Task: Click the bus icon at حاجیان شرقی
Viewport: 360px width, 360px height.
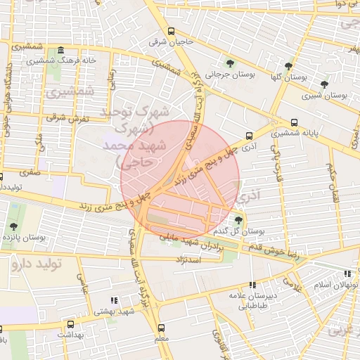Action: coord(171,30)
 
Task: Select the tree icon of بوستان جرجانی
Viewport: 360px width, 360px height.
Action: coord(230,63)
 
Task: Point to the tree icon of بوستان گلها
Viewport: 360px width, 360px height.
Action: coord(290,66)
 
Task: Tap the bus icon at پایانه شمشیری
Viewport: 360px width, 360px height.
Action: coord(294,122)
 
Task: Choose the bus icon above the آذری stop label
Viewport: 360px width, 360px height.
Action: coord(249,136)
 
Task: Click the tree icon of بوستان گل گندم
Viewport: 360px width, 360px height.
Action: coord(238,221)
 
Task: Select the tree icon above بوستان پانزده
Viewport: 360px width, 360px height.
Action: coord(13,226)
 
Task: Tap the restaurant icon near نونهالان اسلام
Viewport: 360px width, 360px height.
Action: coord(347,274)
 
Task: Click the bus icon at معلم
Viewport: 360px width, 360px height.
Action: coord(162,328)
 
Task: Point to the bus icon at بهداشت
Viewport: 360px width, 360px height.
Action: coord(70,324)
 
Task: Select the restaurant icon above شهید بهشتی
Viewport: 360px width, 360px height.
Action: coord(115,301)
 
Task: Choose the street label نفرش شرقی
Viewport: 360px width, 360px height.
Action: coord(65,118)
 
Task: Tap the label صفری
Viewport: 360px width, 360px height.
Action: coord(30,171)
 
